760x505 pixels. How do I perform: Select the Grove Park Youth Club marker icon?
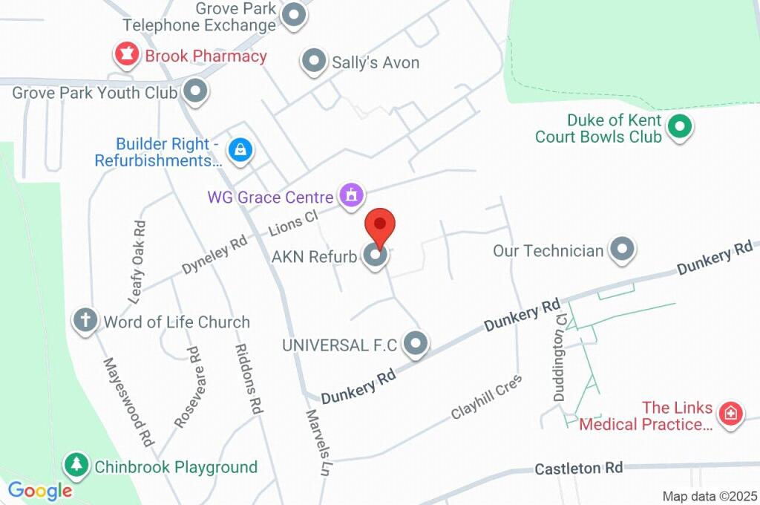pos(196,92)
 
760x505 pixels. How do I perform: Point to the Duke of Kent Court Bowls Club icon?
pos(678,128)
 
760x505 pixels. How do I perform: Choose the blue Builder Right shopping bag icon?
pos(240,151)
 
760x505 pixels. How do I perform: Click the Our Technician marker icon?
pos(622,250)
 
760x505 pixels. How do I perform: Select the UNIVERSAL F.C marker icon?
pos(416,343)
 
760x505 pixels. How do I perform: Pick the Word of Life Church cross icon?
pos(85,321)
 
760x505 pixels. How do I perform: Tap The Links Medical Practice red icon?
pos(730,414)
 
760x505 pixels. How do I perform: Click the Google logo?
pos(40,490)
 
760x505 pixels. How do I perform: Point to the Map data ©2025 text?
pos(710,496)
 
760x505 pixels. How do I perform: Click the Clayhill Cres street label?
pos(487,397)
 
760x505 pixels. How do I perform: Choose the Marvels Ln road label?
pos(318,443)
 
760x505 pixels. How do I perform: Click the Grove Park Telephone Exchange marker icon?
pos(295,16)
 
